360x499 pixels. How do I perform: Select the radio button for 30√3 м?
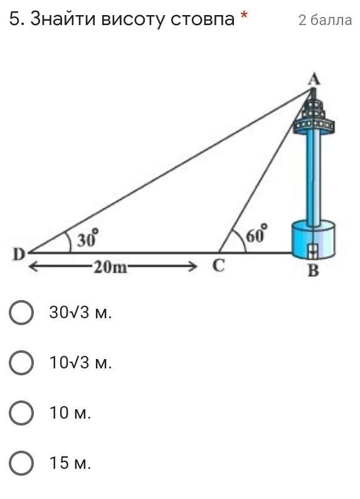tap(21, 313)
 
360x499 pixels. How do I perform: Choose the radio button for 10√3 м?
tap(21, 362)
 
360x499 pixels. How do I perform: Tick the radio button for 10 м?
tap(21, 413)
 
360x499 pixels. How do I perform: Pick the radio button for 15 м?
tap(21, 463)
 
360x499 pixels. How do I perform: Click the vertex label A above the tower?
tap(314, 79)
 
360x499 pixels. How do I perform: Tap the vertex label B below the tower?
tap(313, 271)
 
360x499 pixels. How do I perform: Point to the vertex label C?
tap(219, 266)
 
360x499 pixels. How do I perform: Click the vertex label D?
tap(19, 255)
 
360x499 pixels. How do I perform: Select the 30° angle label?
tap(87, 239)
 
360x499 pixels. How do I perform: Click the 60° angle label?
tap(257, 234)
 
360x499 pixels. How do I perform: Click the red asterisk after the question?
tap(244, 15)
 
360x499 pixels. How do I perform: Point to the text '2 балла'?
tap(325, 20)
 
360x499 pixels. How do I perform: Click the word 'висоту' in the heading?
tap(133, 19)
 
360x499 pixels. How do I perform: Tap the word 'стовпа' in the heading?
tap(203, 19)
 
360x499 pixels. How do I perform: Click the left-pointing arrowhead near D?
tap(34, 267)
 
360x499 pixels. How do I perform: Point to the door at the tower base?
tap(313, 251)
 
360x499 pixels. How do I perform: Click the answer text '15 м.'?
tap(70, 463)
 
